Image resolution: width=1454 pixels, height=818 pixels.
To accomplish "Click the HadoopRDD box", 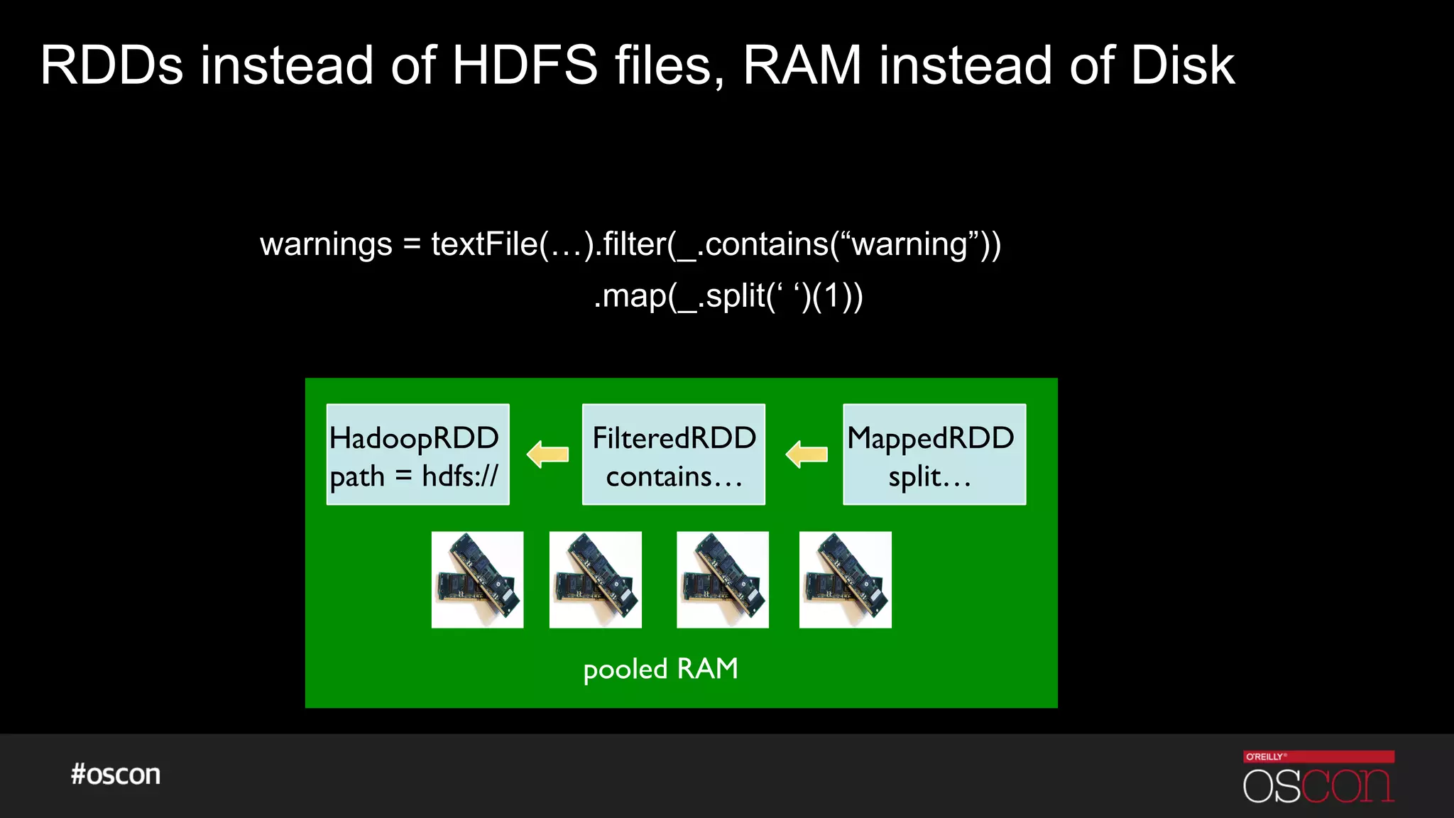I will [417, 454].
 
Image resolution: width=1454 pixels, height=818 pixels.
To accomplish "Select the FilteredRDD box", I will [673, 454].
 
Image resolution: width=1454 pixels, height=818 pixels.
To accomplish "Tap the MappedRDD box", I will [934, 454].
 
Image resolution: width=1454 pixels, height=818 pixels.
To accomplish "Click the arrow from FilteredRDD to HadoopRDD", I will [547, 454].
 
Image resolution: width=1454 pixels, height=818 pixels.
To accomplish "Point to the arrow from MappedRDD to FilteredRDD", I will [807, 454].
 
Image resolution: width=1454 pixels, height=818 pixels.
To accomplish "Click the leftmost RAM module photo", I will [477, 579].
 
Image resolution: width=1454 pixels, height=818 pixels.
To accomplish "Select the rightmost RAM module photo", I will [845, 579].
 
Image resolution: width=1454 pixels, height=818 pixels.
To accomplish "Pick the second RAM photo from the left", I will [595, 579].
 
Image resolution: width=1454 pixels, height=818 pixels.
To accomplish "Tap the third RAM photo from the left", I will [722, 579].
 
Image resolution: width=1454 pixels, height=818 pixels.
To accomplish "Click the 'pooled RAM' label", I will [660, 669].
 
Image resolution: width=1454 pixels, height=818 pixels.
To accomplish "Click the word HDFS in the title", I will [525, 65].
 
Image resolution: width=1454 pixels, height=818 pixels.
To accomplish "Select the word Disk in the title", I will [1182, 65].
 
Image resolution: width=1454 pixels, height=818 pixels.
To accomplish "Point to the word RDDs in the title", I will [111, 65].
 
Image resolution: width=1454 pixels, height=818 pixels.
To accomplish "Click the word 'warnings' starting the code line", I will [326, 244].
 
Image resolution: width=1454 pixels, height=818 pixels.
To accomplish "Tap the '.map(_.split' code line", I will [728, 296].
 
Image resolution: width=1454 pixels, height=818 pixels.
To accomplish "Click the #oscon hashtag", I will [116, 774].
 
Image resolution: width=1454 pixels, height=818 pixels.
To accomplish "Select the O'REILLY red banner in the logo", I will [1318, 756].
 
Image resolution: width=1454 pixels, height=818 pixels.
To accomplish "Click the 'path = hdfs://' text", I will [414, 476].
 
